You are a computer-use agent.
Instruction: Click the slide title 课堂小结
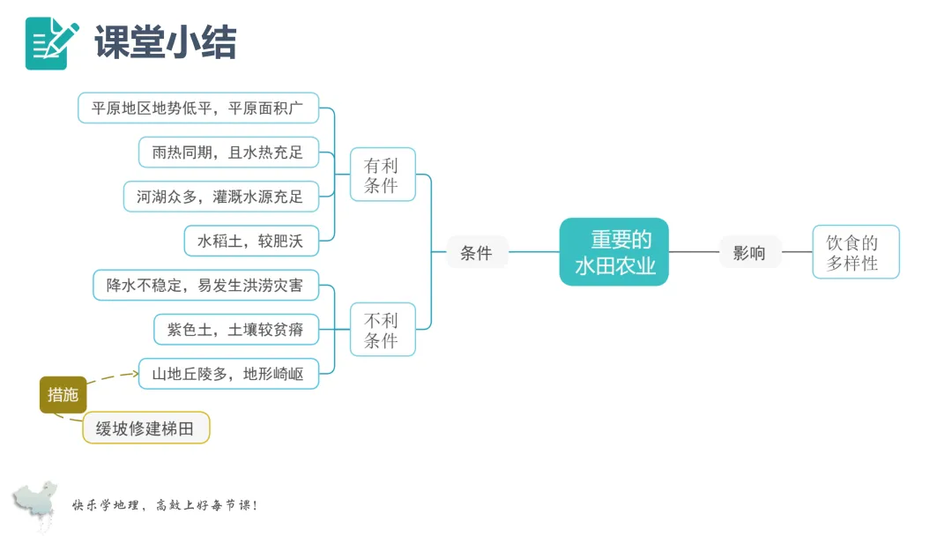(x=165, y=42)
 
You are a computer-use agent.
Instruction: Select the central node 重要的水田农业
(x=614, y=252)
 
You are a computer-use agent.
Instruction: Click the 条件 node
(x=476, y=253)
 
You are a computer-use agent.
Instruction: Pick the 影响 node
(x=749, y=253)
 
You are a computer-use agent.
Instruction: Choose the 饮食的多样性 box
(x=855, y=252)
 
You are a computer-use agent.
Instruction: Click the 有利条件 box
(x=382, y=175)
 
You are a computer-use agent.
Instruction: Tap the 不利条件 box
(x=382, y=330)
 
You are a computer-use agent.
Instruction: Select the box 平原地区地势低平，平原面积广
(x=197, y=108)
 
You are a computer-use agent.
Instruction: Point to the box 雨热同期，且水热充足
(x=227, y=153)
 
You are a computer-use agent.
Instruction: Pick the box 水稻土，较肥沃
(x=251, y=240)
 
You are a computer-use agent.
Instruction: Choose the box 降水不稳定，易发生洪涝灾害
(x=205, y=286)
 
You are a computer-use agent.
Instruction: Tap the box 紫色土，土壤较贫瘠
(x=235, y=330)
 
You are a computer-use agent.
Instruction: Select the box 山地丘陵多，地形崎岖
(x=227, y=374)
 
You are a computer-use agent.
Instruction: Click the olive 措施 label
(x=63, y=395)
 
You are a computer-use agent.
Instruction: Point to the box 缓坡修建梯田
(x=145, y=428)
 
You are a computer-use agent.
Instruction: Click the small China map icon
(x=36, y=503)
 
